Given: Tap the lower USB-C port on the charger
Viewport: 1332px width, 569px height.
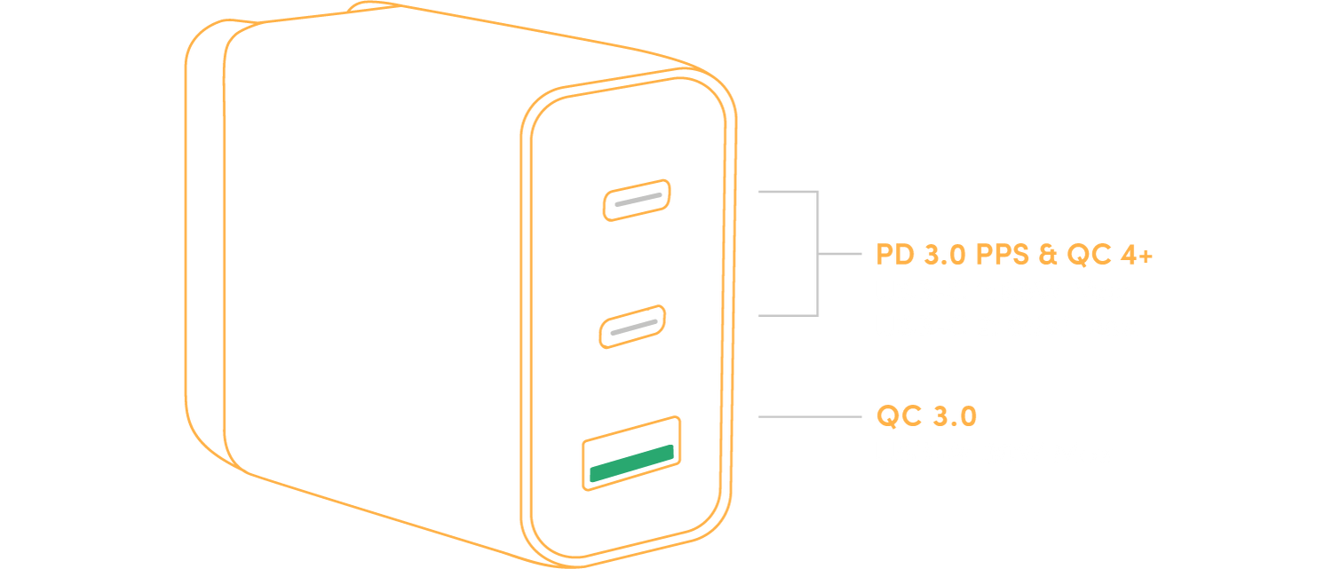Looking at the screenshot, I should click(631, 327).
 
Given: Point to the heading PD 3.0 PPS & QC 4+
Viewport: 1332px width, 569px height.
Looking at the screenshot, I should click(1013, 255).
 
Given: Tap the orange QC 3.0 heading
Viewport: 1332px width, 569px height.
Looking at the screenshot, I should click(926, 415).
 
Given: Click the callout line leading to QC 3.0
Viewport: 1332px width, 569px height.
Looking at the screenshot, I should click(808, 415).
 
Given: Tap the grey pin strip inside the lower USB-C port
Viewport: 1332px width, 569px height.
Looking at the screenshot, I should click(631, 328).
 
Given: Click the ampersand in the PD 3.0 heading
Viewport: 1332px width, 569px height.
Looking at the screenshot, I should click(1047, 255).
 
